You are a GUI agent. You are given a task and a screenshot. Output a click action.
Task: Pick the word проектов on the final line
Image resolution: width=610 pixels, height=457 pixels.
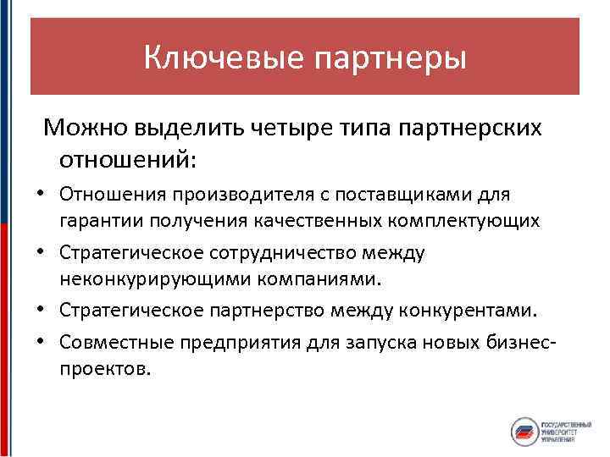click(103, 369)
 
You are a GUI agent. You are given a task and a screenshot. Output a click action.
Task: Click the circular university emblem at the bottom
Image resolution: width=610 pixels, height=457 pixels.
click(524, 432)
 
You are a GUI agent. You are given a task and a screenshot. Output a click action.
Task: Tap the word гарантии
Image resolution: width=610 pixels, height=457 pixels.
click(98, 222)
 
